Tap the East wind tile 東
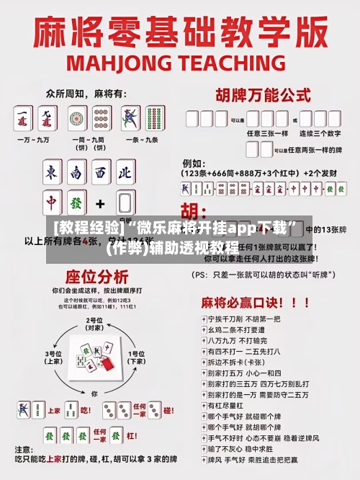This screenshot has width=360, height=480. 53,174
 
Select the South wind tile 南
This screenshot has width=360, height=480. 77,174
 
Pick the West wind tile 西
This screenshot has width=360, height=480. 101,174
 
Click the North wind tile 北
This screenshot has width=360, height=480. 125,174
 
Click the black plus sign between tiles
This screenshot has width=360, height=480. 100,203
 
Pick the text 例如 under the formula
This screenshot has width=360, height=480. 192,163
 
